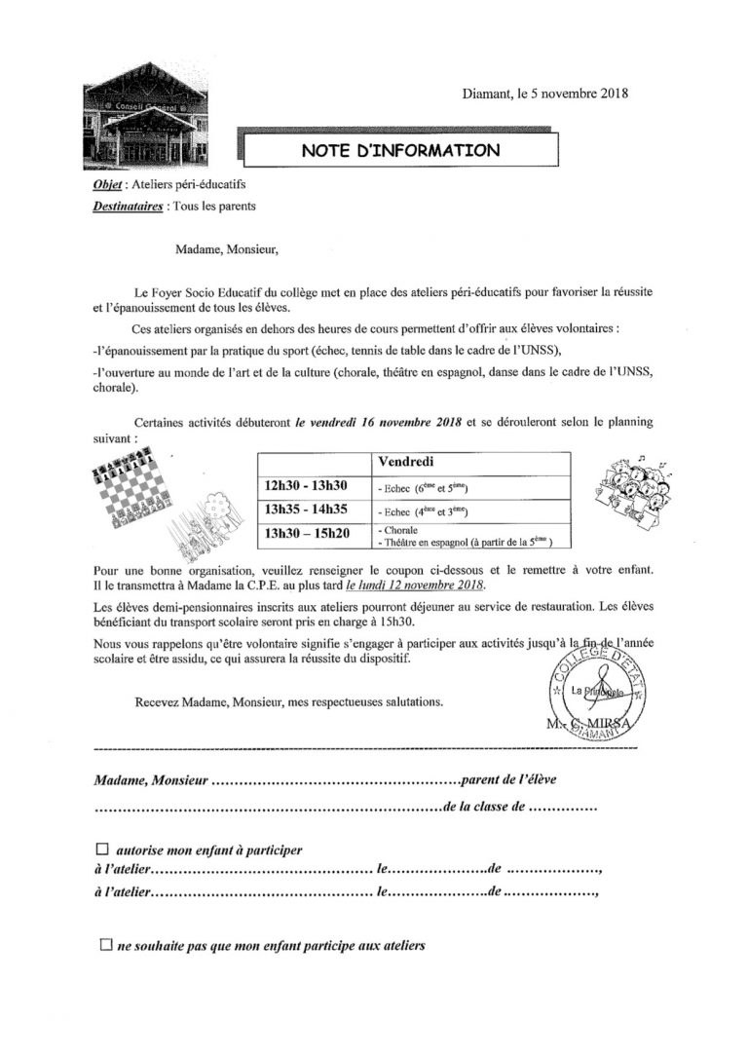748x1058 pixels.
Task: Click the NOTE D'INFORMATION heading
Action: (x=400, y=151)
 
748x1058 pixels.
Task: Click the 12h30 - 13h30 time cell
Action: (x=307, y=485)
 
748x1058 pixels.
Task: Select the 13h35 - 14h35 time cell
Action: (x=307, y=510)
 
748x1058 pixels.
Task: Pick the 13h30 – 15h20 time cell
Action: (x=308, y=534)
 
